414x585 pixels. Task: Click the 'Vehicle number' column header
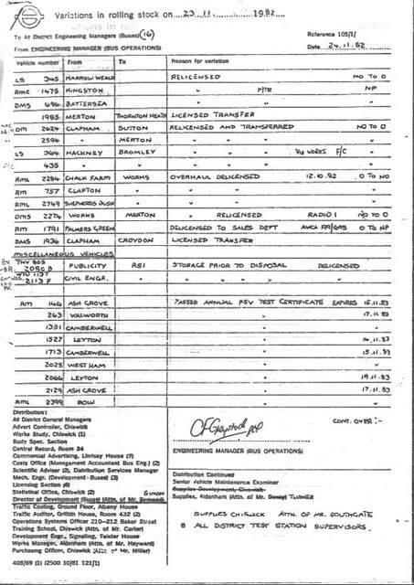pos(37,62)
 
